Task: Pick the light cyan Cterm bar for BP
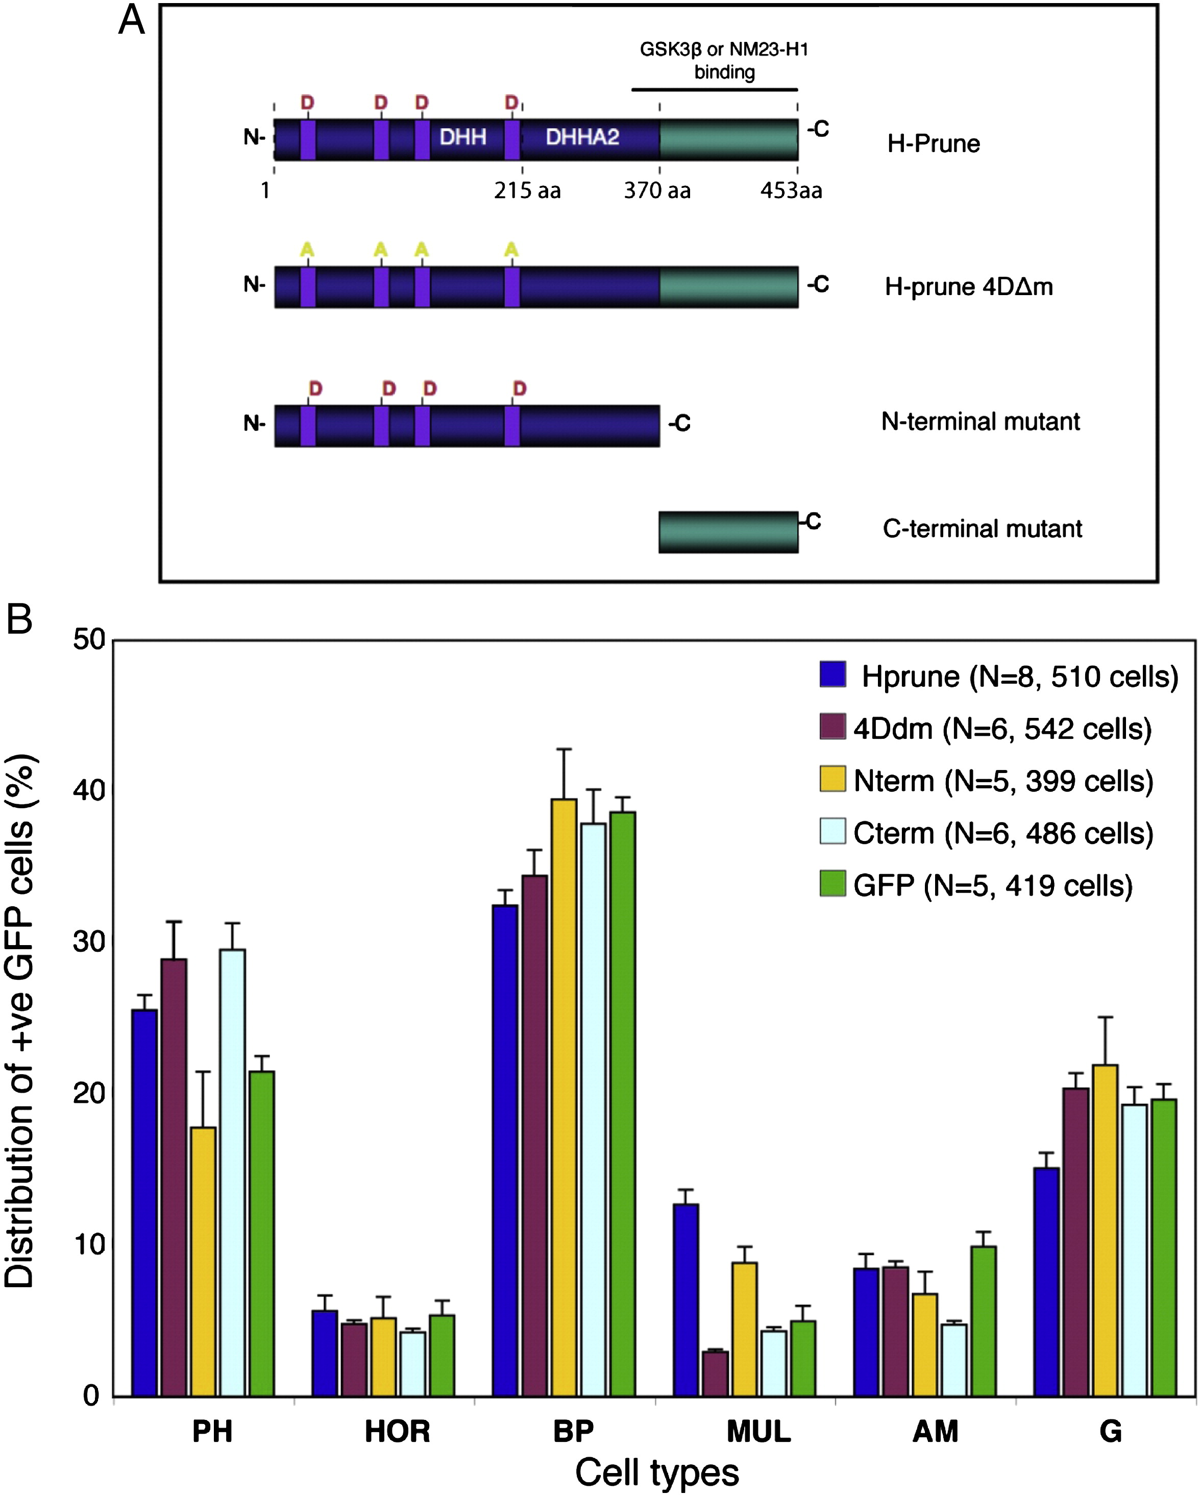[593, 1110]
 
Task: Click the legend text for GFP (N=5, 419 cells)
[993, 885]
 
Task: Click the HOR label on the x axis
[397, 1431]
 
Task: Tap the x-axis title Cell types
[656, 1472]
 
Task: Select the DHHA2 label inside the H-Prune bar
[582, 137]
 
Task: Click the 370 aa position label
[657, 190]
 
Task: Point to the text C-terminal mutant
[982, 528]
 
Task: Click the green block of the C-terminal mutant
[728, 533]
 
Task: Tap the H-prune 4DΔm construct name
[968, 286]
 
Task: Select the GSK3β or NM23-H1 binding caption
[724, 60]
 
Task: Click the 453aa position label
[791, 190]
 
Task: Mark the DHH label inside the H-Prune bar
[462, 137]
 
